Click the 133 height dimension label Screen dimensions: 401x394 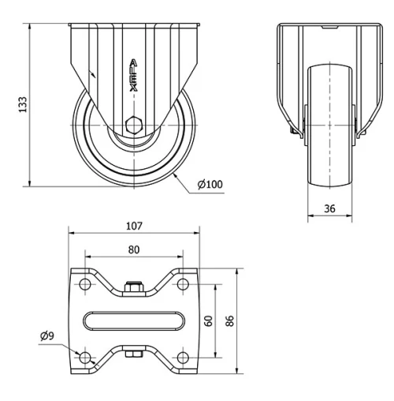pos(23,104)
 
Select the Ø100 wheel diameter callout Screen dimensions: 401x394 pos(210,185)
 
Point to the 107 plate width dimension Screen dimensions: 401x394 pos(133,226)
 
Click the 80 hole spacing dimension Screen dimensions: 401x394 pos(133,249)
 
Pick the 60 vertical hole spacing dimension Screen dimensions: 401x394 pos(210,320)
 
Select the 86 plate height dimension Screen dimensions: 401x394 pos(229,320)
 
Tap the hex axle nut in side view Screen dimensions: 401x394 pos(134,124)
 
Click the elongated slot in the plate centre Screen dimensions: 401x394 pos(133,320)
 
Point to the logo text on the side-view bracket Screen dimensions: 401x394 pos(133,79)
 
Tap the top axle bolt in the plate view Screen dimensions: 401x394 pos(133,289)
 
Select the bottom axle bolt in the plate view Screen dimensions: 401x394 pos(133,353)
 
